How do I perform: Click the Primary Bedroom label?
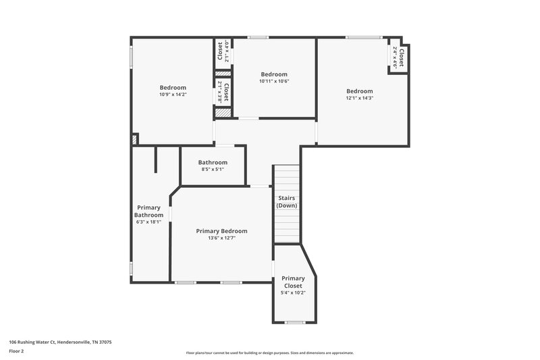[221, 231]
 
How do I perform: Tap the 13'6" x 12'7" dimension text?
[221, 238]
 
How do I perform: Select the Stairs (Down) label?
[287, 201]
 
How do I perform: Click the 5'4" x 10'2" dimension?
[293, 292]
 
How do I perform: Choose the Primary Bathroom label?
[149, 211]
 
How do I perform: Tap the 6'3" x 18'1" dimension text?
[149, 222]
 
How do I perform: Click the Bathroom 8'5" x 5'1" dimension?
[213, 170]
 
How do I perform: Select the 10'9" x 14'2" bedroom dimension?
[173, 95]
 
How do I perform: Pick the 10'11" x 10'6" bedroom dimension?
[274, 81]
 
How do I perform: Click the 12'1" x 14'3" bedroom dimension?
[360, 98]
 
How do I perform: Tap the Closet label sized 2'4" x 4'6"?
[402, 57]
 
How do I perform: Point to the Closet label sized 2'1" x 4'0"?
[220, 51]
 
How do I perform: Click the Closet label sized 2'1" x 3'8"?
[225, 92]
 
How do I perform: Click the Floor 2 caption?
[16, 351]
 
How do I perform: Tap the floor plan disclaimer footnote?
[269, 353]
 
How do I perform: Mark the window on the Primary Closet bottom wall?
[294, 322]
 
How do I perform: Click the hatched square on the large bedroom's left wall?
[135, 139]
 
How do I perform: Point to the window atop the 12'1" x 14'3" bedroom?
[360, 37]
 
